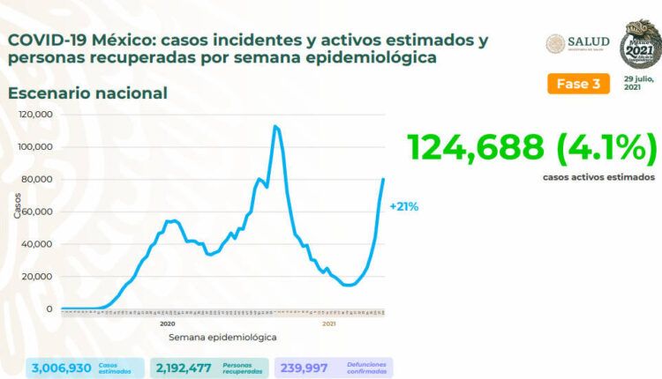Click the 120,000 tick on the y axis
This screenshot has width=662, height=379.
pyautogui.click(x=38, y=115)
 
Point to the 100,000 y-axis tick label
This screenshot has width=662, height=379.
pyautogui.click(x=38, y=147)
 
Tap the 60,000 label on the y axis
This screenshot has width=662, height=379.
pyautogui.click(x=40, y=212)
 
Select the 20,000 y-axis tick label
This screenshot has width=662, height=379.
pyautogui.click(x=40, y=277)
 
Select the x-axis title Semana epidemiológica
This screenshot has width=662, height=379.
pyautogui.click(x=222, y=338)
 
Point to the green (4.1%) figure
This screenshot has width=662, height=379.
pyautogui.click(x=613, y=146)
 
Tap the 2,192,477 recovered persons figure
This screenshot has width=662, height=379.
pyautogui.click(x=182, y=367)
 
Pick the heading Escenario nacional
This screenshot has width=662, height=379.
pyautogui.click(x=87, y=93)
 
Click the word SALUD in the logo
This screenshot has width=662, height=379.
pyautogui.click(x=589, y=42)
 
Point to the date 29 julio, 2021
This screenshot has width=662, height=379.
pyautogui.click(x=638, y=84)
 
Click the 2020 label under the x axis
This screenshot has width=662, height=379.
pyautogui.click(x=166, y=323)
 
